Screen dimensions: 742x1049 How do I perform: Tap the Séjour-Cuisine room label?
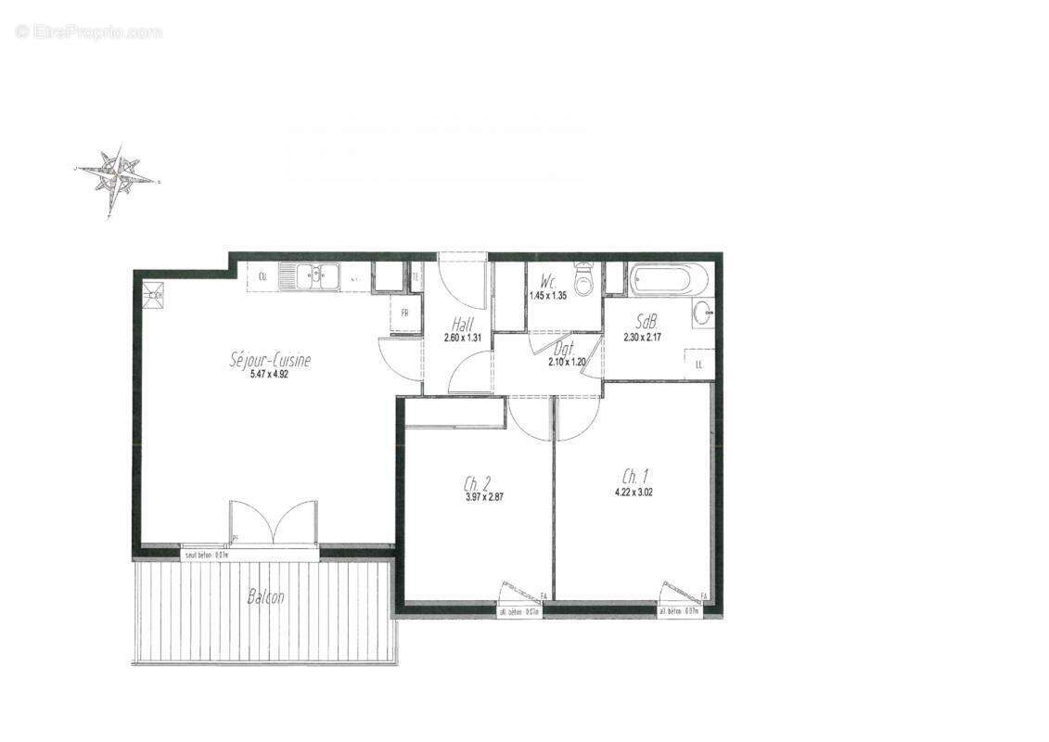(x=270, y=360)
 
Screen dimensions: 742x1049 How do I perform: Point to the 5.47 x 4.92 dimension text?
(x=270, y=376)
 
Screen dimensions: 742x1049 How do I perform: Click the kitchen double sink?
(x=316, y=275)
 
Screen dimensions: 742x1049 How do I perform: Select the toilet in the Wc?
(x=583, y=279)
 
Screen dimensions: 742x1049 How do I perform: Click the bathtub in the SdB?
(x=669, y=279)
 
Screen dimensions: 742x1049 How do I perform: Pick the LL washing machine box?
(x=697, y=364)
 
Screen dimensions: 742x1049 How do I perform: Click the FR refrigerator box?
(x=405, y=313)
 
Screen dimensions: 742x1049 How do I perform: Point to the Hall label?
(x=462, y=325)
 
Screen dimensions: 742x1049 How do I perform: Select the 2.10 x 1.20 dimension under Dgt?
(x=566, y=362)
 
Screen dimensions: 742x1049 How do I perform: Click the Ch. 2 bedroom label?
(x=477, y=482)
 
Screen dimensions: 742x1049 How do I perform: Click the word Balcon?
(x=265, y=597)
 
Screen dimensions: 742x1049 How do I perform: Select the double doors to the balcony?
(x=274, y=524)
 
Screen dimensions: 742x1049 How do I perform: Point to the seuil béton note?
(x=206, y=555)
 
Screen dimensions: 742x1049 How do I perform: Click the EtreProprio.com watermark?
(x=88, y=32)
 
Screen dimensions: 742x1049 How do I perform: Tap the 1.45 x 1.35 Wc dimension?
(x=547, y=296)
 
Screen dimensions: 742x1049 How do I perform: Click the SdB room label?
(x=646, y=322)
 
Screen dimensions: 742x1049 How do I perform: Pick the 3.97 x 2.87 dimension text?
(x=483, y=496)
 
